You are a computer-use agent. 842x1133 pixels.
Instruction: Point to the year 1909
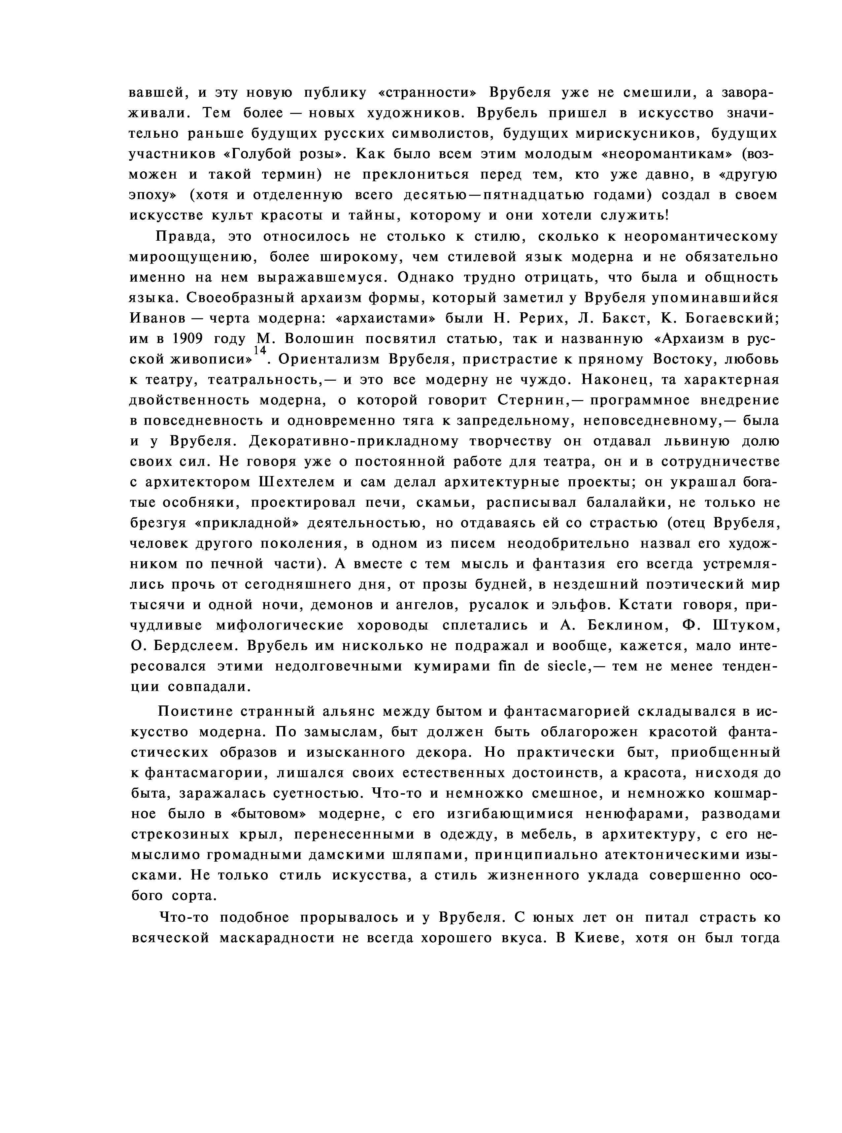(188, 339)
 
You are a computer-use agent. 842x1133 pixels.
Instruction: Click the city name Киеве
(596, 938)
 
